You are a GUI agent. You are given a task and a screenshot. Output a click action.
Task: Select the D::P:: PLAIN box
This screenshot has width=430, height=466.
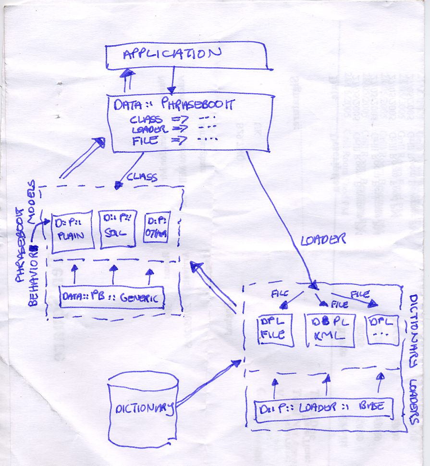tap(72, 231)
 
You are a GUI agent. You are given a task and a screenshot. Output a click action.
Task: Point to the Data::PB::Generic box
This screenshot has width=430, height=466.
tap(111, 298)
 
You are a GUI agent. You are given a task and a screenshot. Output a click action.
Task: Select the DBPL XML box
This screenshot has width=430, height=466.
tap(331, 329)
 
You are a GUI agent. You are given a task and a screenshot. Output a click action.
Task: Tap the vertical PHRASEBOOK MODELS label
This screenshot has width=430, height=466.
tap(26, 226)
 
